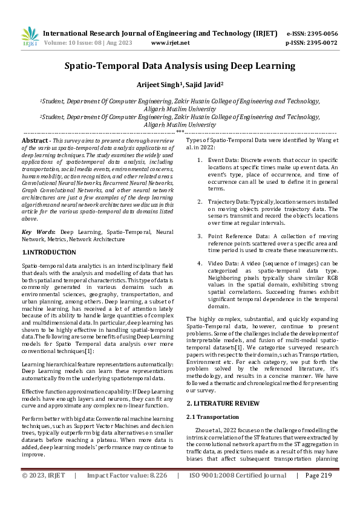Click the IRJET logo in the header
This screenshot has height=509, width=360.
(x=30, y=37)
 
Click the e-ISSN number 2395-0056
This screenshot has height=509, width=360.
(x=321, y=33)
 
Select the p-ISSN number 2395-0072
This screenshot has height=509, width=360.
(x=321, y=43)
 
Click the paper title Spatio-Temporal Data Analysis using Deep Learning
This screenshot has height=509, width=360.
(x=180, y=65)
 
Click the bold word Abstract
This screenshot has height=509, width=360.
(x=34, y=140)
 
